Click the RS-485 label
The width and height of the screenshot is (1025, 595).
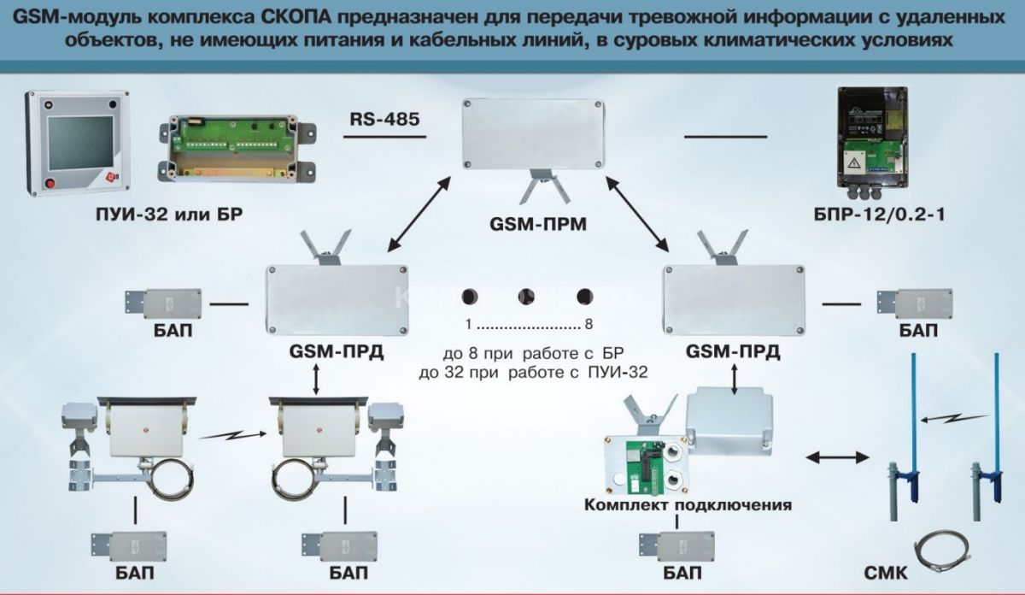[384, 120]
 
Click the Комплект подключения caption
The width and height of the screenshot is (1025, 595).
[688, 505]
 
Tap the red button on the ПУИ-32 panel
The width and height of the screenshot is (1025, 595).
[49, 182]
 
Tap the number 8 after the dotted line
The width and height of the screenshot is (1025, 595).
[589, 326]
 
